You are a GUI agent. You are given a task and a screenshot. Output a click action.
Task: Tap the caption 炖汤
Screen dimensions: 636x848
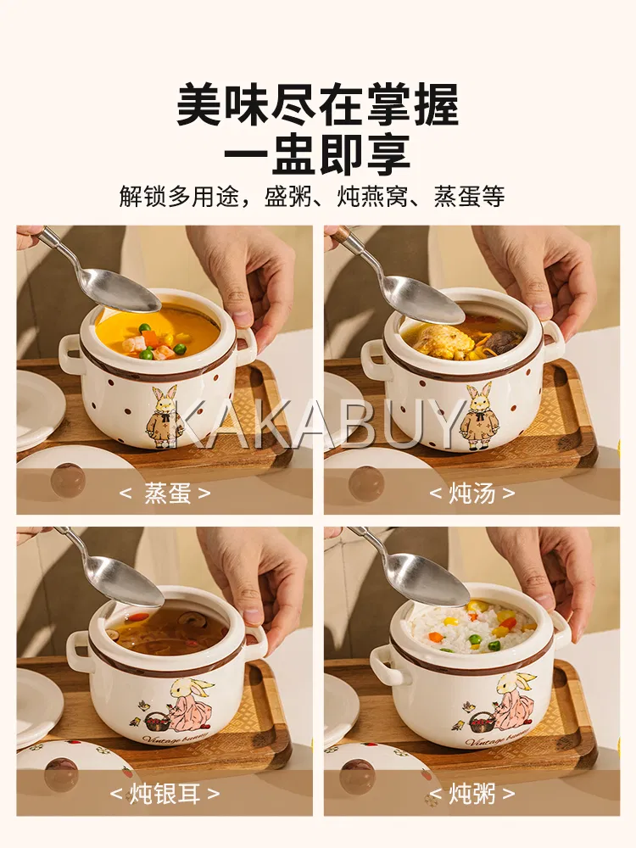pos(472,494)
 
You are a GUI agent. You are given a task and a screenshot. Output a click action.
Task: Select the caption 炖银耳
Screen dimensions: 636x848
pos(165,794)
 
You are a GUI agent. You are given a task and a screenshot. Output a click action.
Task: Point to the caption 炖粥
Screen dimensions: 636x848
pos(472,794)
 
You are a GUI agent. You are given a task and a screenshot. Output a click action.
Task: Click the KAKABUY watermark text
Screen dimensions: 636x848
pos(318,425)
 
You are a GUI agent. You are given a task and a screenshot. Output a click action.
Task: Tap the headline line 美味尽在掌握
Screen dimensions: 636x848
pos(318,104)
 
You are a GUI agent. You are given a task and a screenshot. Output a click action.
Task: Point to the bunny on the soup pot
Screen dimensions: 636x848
pos(472,416)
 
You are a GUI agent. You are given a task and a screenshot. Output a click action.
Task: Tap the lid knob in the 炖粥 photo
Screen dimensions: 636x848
pos(358,776)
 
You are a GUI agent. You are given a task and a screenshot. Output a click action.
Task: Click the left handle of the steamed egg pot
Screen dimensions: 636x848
pos(70,354)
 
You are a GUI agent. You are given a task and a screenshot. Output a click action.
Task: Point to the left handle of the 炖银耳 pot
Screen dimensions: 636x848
pos(78,651)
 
